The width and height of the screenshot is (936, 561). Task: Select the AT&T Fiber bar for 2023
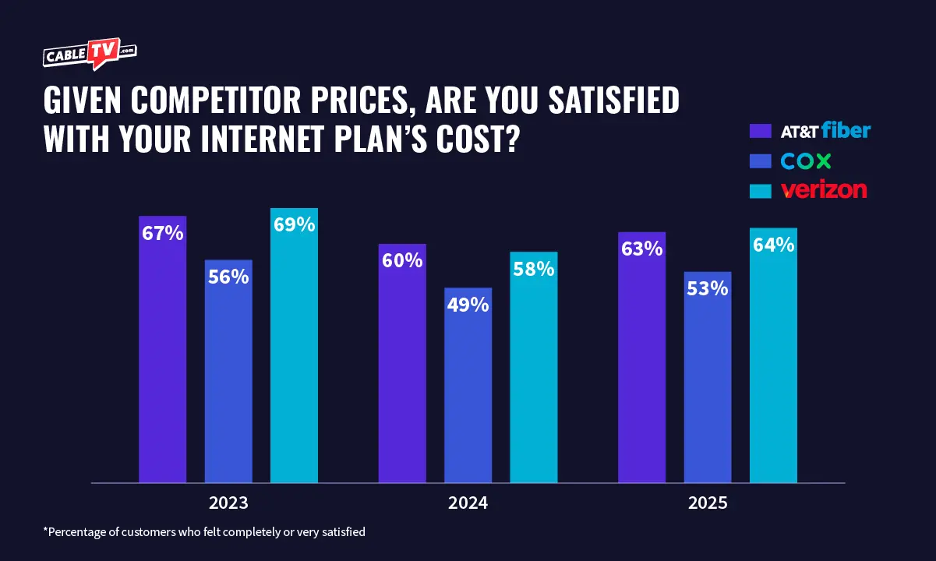pyautogui.click(x=162, y=351)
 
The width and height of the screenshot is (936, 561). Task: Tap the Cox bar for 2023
pyautogui.click(x=228, y=374)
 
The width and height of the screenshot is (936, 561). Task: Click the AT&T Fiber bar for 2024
pyautogui.click(x=402, y=366)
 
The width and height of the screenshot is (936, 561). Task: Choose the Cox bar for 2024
pyautogui.click(x=468, y=390)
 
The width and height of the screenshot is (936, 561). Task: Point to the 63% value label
pyautogui.click(x=641, y=249)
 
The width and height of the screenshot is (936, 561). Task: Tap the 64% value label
pyautogui.click(x=773, y=245)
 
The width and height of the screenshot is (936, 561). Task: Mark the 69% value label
pyautogui.click(x=294, y=225)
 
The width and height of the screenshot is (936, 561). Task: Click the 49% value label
pyautogui.click(x=468, y=305)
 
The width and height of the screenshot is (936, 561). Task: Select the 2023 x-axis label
pyautogui.click(x=228, y=503)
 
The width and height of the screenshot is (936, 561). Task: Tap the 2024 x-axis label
pyautogui.click(x=468, y=503)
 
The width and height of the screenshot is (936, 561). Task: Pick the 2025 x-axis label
pyautogui.click(x=708, y=503)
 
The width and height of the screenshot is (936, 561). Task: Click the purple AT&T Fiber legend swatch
pyautogui.click(x=760, y=131)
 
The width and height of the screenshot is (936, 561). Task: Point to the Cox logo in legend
pyautogui.click(x=806, y=161)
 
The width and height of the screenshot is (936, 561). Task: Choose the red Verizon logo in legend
pyautogui.click(x=824, y=189)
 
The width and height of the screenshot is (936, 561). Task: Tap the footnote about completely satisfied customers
pyautogui.click(x=204, y=532)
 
